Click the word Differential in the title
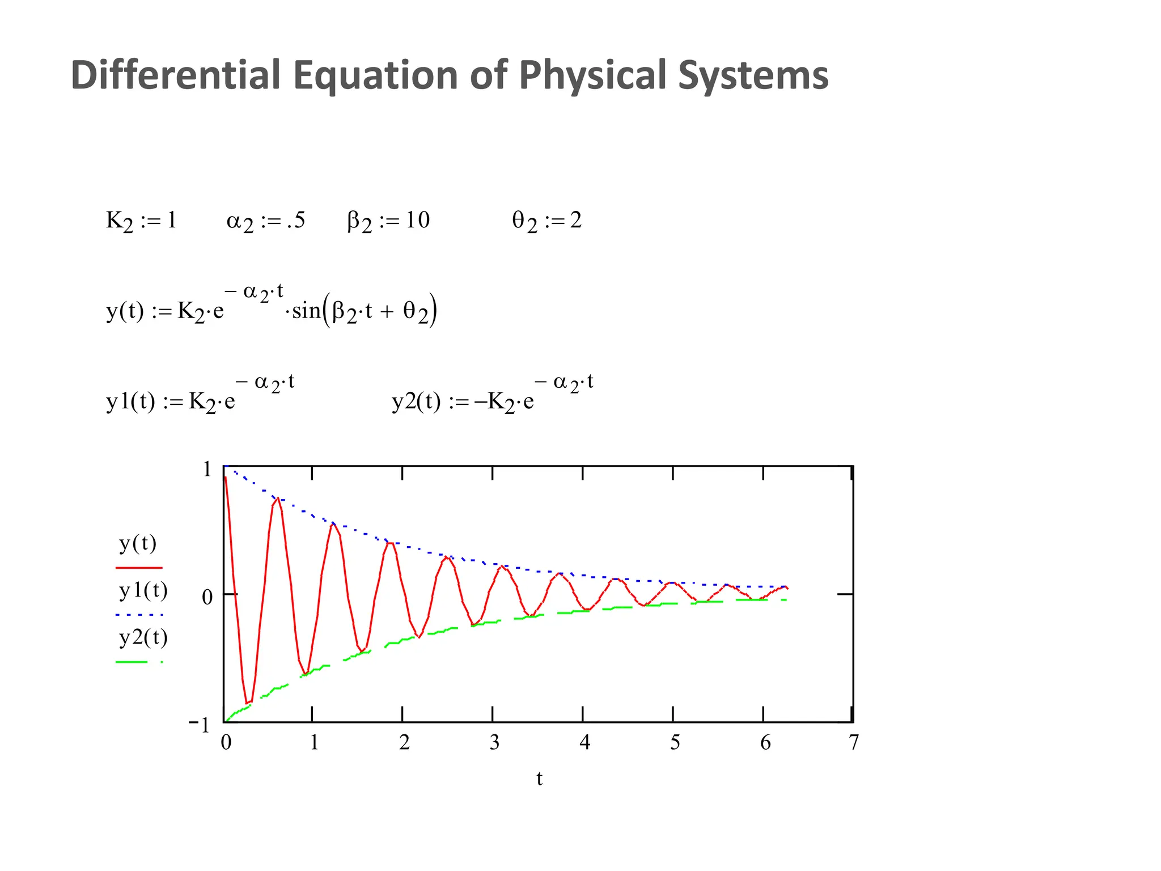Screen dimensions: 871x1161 pyautogui.click(x=176, y=75)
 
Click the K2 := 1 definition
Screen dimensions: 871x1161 pyautogui.click(x=141, y=221)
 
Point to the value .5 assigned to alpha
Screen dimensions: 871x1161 pyautogui.click(x=296, y=220)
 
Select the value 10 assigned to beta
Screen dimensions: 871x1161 pyautogui.click(x=417, y=220)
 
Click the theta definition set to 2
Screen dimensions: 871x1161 pyautogui.click(x=546, y=221)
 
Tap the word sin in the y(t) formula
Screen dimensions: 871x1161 pyautogui.click(x=306, y=311)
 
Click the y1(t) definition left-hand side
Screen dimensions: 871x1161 pyautogui.click(x=130, y=401)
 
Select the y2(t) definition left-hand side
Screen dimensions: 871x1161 pyautogui.click(x=416, y=401)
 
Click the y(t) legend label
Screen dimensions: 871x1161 pyautogui.click(x=138, y=543)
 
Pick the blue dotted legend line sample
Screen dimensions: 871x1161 pyautogui.click(x=139, y=615)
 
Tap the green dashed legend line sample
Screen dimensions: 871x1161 pyautogui.click(x=139, y=662)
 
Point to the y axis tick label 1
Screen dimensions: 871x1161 pyautogui.click(x=207, y=469)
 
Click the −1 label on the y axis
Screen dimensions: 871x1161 pyautogui.click(x=200, y=725)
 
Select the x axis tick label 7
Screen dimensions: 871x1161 pyautogui.click(x=854, y=742)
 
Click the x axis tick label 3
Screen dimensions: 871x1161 pyautogui.click(x=494, y=742)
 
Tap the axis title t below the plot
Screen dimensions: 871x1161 pyautogui.click(x=539, y=779)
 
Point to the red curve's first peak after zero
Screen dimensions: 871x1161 pyautogui.click(x=278, y=498)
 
